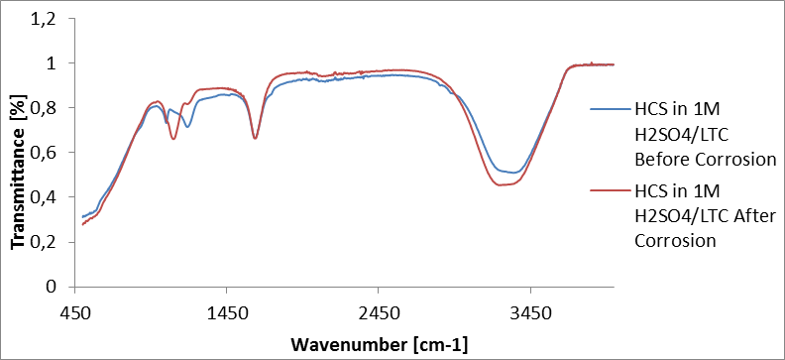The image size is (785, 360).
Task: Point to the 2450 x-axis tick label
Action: coord(379,309)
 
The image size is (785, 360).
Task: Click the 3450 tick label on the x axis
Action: coord(530,309)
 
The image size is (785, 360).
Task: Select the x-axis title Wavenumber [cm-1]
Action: coord(380,344)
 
